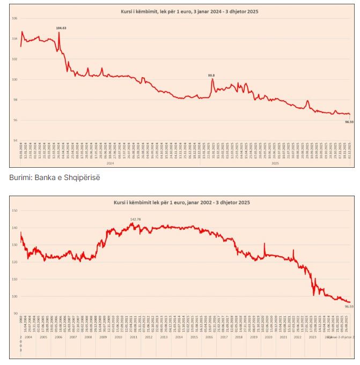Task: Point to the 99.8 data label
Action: coord(211,75)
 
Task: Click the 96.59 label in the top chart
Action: coord(349,122)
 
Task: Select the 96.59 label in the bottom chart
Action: coord(349,306)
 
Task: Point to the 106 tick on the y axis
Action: coord(14,18)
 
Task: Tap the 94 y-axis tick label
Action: coord(14,140)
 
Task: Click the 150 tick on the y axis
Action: coord(14,211)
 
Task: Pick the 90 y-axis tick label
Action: coord(15,314)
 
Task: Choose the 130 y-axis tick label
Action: coord(14,245)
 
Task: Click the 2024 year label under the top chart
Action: coord(109,162)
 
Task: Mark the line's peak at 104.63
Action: coord(58,33)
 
